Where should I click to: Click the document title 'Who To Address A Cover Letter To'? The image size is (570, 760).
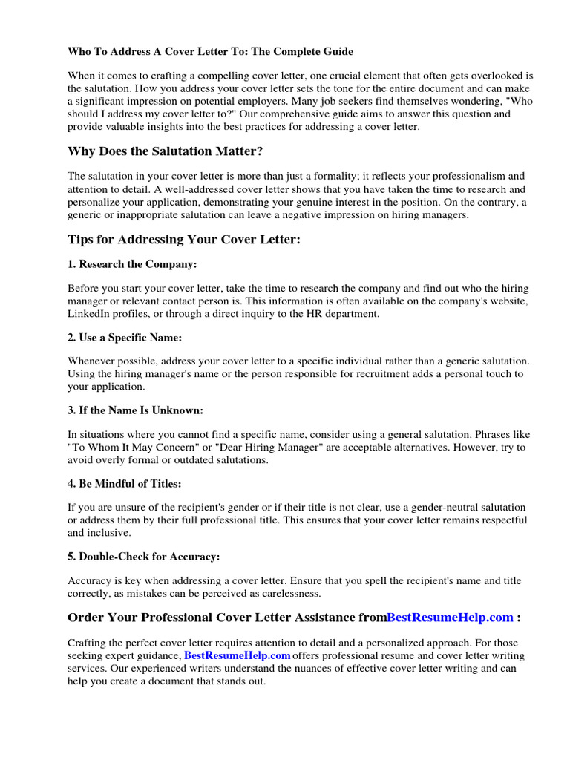point(210,52)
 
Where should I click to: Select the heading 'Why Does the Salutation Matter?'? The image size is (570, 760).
point(165,151)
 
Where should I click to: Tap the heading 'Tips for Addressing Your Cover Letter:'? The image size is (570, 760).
point(183,239)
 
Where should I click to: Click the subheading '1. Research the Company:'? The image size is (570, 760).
point(132,264)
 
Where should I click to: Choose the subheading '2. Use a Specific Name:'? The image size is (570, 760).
point(124,337)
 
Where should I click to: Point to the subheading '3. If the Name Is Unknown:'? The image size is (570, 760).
point(135,410)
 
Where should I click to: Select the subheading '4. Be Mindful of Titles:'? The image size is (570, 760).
point(124,483)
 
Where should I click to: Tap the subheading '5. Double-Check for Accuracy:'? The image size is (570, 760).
point(143,556)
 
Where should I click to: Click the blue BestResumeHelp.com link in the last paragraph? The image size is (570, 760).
point(237,656)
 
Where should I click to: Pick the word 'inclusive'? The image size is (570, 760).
point(111,532)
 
